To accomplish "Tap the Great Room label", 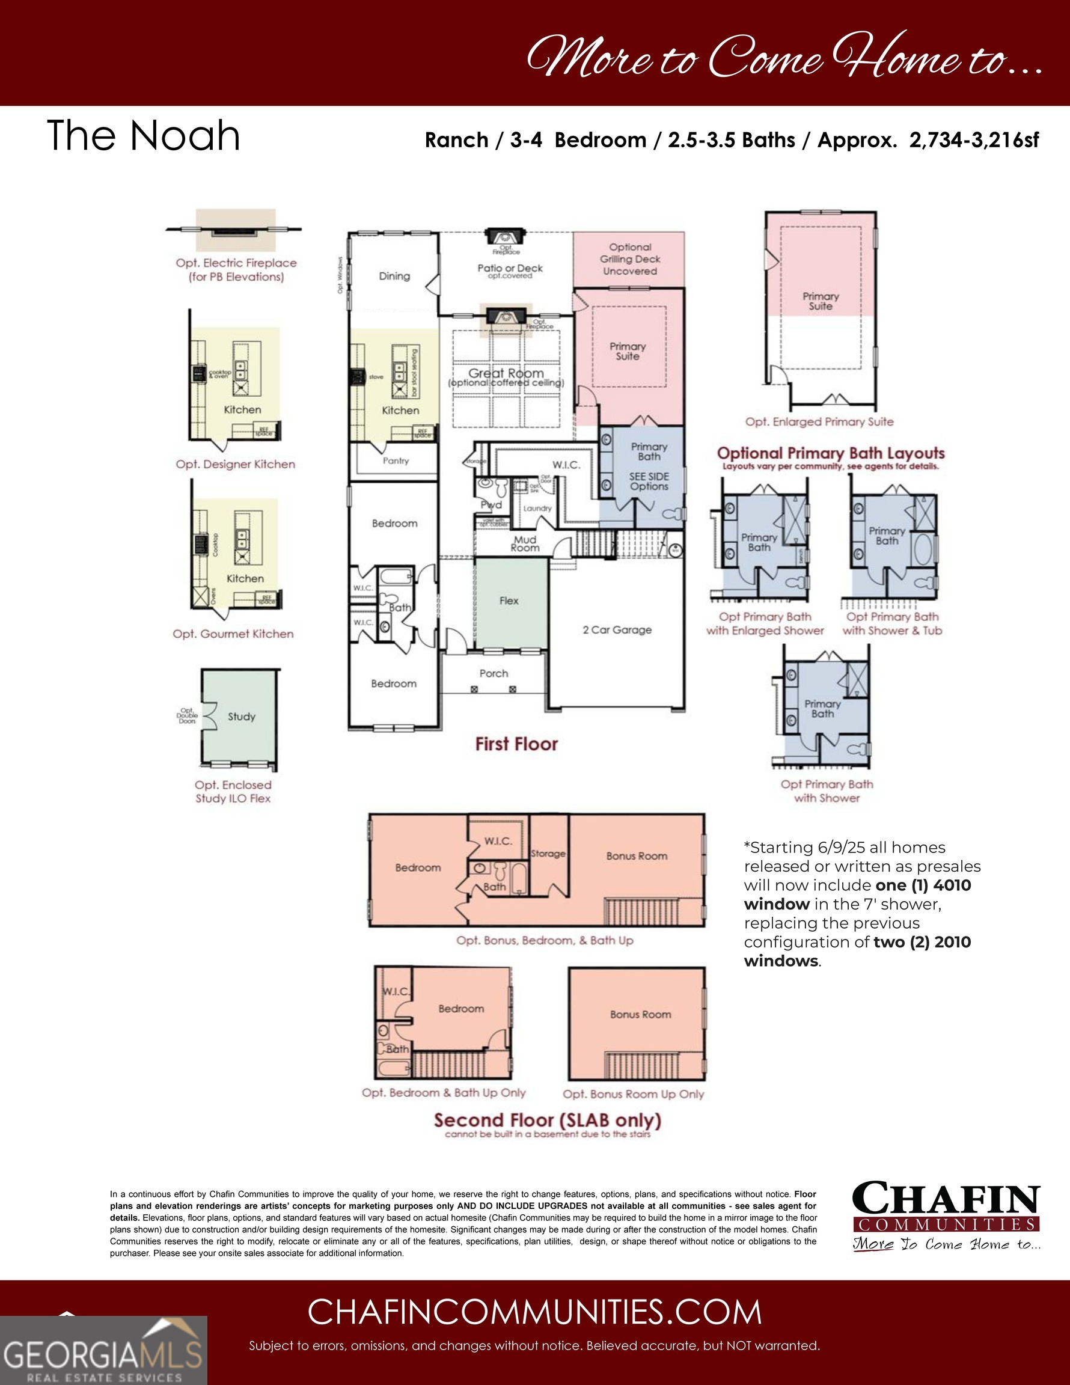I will click(x=506, y=373).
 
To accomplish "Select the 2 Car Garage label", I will click(x=617, y=630).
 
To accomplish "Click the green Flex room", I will click(x=509, y=601).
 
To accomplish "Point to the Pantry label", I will click(x=396, y=460).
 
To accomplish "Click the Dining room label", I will click(x=394, y=276).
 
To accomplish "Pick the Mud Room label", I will click(x=525, y=543).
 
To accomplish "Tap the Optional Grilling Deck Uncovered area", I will click(x=629, y=258).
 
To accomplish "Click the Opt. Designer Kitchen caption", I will click(x=235, y=464).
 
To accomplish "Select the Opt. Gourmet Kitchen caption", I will click(x=233, y=634).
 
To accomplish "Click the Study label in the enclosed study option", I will click(x=241, y=717).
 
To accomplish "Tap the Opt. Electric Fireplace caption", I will click(x=236, y=269).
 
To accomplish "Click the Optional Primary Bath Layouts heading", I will click(x=830, y=453).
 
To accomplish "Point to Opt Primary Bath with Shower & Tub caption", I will click(x=892, y=623).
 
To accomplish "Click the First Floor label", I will click(x=516, y=744).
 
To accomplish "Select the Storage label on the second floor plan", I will click(x=548, y=854).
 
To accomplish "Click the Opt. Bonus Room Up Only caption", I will click(x=633, y=1094).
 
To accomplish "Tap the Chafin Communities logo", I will click(x=945, y=1215).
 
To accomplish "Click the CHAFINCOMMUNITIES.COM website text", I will click(x=534, y=1312).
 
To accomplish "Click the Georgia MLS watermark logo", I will click(x=103, y=1350).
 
